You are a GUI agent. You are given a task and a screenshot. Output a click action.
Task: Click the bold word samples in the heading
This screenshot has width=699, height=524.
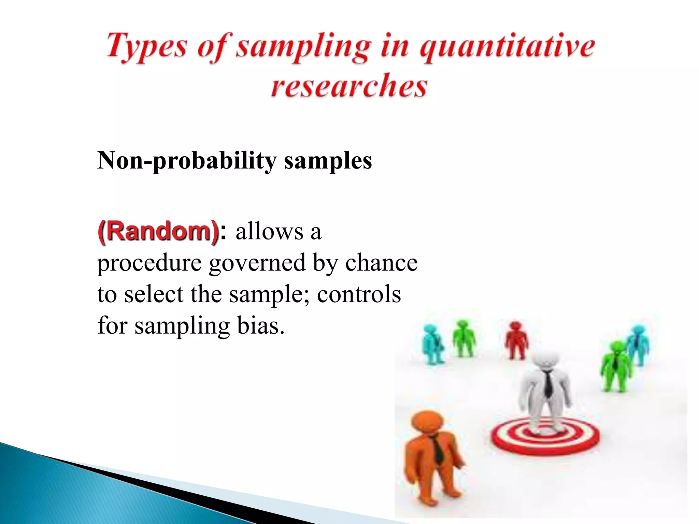point(328,160)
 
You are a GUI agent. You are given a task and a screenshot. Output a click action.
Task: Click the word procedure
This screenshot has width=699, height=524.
point(149,263)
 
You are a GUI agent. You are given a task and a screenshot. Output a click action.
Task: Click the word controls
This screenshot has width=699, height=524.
point(359,294)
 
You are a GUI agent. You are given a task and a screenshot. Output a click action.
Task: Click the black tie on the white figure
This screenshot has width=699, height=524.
point(548,384)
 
